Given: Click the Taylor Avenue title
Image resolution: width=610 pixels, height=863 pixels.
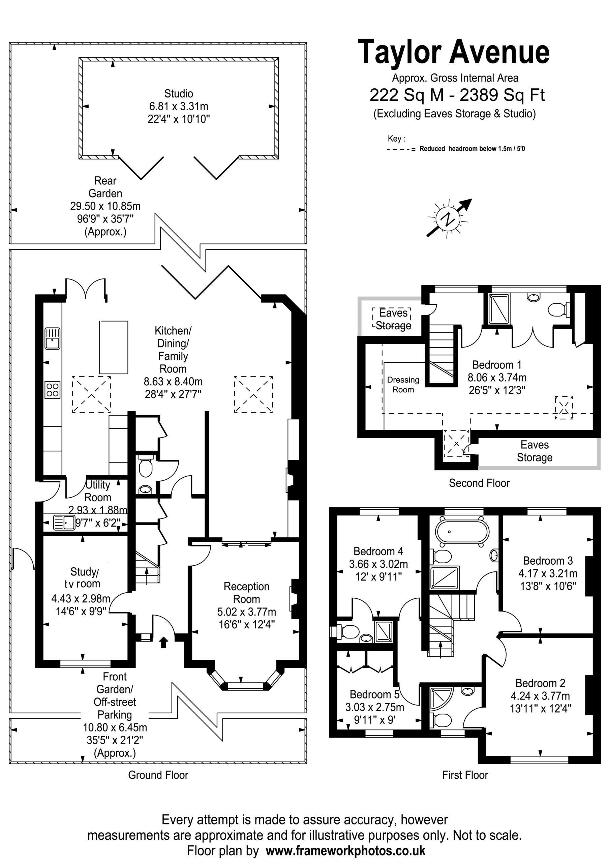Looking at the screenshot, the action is click(x=454, y=53).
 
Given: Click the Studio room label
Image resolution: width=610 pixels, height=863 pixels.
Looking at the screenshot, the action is click(x=179, y=93).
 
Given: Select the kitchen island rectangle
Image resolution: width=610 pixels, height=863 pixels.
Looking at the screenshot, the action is click(x=114, y=347).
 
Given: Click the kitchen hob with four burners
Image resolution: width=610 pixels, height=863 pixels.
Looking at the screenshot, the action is click(x=53, y=389).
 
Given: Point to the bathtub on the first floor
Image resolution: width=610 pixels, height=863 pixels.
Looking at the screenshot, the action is click(x=462, y=533).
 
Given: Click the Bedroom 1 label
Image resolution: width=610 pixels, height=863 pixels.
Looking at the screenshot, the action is click(x=496, y=365).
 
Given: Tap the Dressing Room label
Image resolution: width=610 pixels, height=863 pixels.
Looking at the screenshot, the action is click(x=403, y=385).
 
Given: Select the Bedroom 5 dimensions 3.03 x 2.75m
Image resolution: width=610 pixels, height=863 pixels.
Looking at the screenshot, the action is click(x=375, y=707).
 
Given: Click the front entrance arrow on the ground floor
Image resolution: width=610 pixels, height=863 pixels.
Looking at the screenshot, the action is click(x=163, y=643).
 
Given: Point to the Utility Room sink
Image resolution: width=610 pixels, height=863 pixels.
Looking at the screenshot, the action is click(x=64, y=522).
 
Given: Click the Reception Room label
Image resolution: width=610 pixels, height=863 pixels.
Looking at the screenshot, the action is click(x=247, y=592).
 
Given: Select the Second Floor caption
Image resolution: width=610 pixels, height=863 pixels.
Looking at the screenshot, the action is click(x=479, y=483).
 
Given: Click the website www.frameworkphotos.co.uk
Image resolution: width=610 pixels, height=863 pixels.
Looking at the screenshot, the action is click(x=345, y=851).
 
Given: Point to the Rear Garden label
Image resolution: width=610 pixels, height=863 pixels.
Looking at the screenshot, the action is click(x=105, y=187).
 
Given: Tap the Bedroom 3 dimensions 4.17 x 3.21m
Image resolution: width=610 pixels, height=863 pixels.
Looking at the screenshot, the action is click(x=548, y=573).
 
